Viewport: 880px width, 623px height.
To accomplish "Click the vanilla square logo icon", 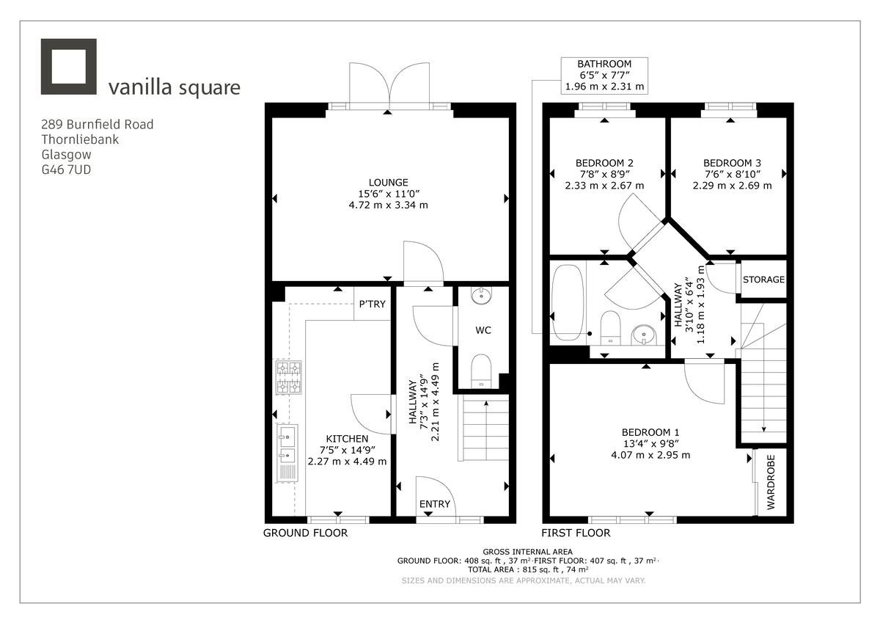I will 69,67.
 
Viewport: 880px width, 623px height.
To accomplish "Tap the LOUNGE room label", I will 389,182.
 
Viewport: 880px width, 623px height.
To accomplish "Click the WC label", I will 483,331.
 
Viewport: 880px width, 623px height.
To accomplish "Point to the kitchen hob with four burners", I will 287,378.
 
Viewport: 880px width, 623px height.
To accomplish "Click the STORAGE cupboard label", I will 763,280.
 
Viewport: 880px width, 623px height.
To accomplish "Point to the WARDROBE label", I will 771,481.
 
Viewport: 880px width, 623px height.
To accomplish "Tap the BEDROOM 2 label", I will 604,163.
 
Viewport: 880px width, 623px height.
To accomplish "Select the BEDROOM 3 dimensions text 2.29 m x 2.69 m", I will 732,186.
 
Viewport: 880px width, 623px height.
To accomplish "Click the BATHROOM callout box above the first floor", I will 604,76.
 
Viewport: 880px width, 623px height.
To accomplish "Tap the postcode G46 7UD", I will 67,170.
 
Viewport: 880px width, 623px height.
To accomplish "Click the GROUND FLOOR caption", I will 305,533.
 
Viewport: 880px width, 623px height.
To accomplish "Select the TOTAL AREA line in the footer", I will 527,569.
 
